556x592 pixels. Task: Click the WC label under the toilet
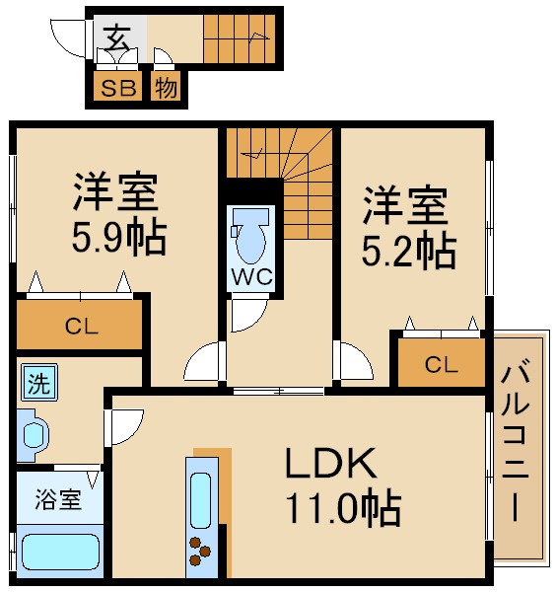(x=251, y=276)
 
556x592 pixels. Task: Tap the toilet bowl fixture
(x=250, y=236)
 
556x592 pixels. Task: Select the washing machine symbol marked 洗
(x=39, y=382)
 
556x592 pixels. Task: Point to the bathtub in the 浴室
(x=60, y=553)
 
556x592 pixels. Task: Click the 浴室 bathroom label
(x=58, y=499)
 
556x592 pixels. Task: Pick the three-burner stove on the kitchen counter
(x=199, y=552)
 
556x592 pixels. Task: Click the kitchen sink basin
(x=201, y=500)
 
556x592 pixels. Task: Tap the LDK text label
(x=331, y=463)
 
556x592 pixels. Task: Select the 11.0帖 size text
(x=343, y=507)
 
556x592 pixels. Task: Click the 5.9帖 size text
(x=119, y=238)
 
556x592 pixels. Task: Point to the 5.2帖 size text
(x=409, y=250)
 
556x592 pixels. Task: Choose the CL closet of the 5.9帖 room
(x=79, y=325)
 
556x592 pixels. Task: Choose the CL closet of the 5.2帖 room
(x=442, y=363)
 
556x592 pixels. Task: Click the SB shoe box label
(x=118, y=88)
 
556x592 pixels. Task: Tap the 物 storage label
(x=166, y=88)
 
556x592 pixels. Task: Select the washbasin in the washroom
(x=34, y=435)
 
